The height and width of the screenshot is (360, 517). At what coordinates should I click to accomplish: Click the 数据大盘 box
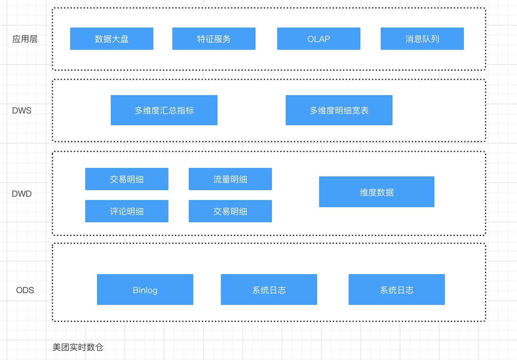(111, 39)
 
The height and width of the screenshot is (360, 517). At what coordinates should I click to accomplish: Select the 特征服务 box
(214, 39)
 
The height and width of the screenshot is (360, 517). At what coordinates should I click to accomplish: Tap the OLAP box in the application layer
(318, 39)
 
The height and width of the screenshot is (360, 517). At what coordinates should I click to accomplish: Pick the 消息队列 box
(422, 39)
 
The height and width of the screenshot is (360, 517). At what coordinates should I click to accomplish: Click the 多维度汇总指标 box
(164, 110)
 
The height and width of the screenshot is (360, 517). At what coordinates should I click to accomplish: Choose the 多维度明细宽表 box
(339, 110)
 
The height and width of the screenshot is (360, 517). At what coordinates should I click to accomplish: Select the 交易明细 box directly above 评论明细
(126, 179)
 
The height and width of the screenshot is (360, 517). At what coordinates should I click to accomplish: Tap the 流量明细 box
(230, 179)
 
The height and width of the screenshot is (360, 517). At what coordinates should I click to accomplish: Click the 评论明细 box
(126, 211)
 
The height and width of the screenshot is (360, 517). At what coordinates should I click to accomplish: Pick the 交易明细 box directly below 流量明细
(230, 211)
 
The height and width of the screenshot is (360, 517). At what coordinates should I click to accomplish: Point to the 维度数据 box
(376, 192)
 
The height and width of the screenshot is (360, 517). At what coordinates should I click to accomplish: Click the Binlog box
(145, 290)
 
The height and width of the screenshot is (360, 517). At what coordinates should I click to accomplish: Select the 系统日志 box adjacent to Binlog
(269, 290)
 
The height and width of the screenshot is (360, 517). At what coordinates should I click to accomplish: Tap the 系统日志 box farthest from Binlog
(396, 290)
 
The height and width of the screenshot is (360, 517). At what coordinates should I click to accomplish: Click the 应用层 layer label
(25, 39)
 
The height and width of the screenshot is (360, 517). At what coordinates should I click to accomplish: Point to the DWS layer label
(22, 110)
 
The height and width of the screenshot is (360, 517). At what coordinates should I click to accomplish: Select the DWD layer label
(22, 194)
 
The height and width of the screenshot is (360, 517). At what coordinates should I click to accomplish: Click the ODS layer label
(25, 290)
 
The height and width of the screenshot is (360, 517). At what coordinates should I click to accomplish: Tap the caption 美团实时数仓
(78, 347)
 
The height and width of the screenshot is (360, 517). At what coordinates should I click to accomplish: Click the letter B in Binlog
(135, 290)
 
